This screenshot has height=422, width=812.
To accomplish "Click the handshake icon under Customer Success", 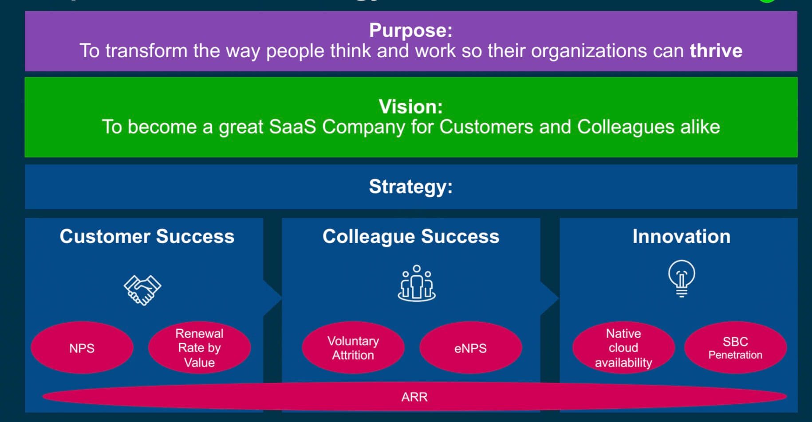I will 142,290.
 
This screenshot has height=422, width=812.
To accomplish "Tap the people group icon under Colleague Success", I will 417,284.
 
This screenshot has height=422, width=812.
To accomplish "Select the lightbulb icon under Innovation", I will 682,278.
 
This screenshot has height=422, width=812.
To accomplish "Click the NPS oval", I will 82,348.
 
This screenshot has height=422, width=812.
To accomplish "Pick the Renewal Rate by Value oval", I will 199,348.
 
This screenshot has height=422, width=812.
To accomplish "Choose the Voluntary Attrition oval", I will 353,348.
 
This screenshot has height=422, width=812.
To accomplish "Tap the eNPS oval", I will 470,348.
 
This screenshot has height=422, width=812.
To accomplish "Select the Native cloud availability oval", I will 623,348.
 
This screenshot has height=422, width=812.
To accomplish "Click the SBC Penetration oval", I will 735,348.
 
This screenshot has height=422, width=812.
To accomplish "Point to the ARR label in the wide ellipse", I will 414,397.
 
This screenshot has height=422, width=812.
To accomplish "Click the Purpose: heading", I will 411,30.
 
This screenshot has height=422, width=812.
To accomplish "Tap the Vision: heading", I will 411,106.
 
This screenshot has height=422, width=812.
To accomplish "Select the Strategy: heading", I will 411,187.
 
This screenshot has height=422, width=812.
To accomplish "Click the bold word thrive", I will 716,51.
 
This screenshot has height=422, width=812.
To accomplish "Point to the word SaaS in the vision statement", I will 292,127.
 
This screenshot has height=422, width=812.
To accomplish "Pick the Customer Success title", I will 147,236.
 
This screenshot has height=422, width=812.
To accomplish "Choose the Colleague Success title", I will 411,236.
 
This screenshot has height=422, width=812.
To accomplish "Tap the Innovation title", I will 682,236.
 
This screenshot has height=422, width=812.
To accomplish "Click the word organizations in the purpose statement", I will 589,51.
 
